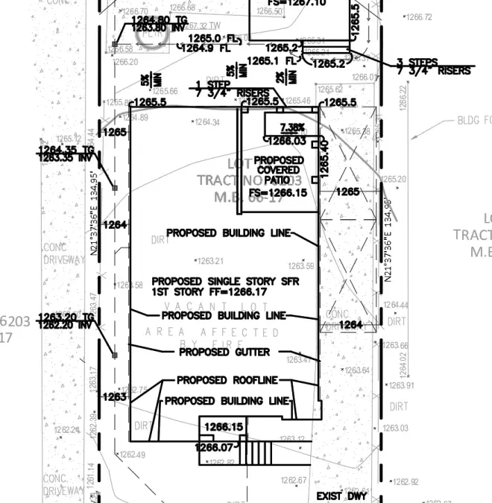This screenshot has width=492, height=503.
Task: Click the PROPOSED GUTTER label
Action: point(224,352)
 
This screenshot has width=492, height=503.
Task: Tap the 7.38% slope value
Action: point(292,127)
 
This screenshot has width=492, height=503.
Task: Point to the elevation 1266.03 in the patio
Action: point(287,140)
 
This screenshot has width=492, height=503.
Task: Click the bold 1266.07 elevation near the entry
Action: point(213,447)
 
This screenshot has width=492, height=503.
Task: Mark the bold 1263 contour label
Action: point(115,397)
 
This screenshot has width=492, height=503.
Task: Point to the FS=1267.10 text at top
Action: point(297,3)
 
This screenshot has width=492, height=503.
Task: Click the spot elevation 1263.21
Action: point(210,261)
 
